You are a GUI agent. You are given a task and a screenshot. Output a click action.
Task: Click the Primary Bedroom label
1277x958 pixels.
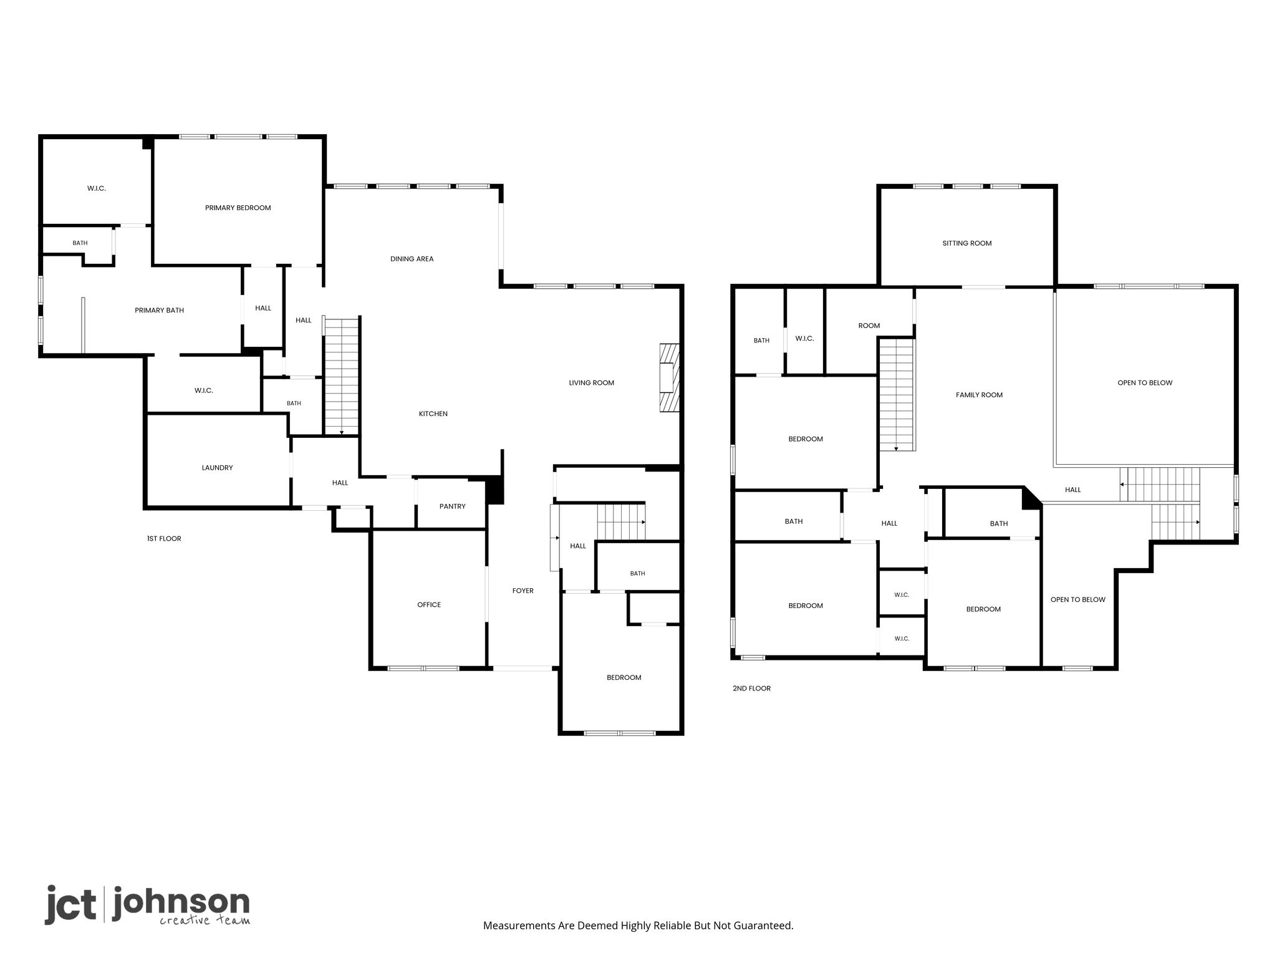pyautogui.click(x=238, y=208)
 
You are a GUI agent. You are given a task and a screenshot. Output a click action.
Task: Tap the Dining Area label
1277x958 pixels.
pyautogui.click(x=412, y=259)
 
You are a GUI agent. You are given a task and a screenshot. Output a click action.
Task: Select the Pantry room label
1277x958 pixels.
pyautogui.click(x=452, y=506)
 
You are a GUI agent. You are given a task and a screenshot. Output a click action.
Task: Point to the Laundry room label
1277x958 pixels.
pyautogui.click(x=217, y=468)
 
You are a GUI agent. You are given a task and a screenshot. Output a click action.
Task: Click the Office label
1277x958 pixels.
pyautogui.click(x=429, y=604)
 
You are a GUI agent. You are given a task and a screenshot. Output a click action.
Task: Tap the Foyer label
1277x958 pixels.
pyautogui.click(x=523, y=591)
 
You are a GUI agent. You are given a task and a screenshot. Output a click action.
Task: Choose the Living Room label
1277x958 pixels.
pyautogui.click(x=591, y=383)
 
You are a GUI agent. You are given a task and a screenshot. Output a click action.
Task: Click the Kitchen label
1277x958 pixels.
pyautogui.click(x=433, y=414)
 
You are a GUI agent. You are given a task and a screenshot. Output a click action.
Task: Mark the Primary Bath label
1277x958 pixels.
pyautogui.click(x=159, y=310)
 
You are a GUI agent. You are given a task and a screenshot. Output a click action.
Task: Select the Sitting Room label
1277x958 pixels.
pyautogui.click(x=966, y=243)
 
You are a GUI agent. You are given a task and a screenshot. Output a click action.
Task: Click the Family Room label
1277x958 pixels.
pyautogui.click(x=979, y=395)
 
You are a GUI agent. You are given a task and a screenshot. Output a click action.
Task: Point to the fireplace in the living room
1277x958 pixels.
pyautogui.click(x=670, y=378)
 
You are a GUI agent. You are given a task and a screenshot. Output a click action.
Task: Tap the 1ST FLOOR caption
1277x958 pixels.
pyautogui.click(x=164, y=538)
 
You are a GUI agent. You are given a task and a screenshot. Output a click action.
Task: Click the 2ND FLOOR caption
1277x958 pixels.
pyautogui.click(x=751, y=689)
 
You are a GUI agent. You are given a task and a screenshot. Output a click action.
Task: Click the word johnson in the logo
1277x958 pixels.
pyautogui.click(x=181, y=903)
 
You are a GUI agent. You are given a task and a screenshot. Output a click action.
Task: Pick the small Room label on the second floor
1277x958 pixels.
pyautogui.click(x=869, y=326)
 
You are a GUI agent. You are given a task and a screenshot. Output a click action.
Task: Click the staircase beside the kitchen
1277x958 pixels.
pyautogui.click(x=342, y=376)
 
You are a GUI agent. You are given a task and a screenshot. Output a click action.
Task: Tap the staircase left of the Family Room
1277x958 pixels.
pyautogui.click(x=897, y=394)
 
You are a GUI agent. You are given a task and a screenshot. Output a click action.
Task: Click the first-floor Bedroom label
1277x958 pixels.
pyautogui.click(x=624, y=677)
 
